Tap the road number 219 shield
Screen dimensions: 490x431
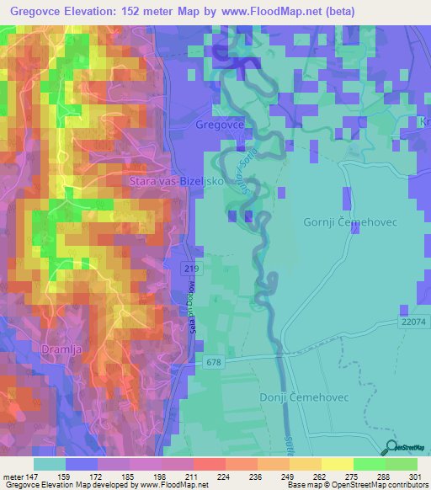tap(194, 268)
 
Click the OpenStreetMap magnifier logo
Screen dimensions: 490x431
tap(391, 447)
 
